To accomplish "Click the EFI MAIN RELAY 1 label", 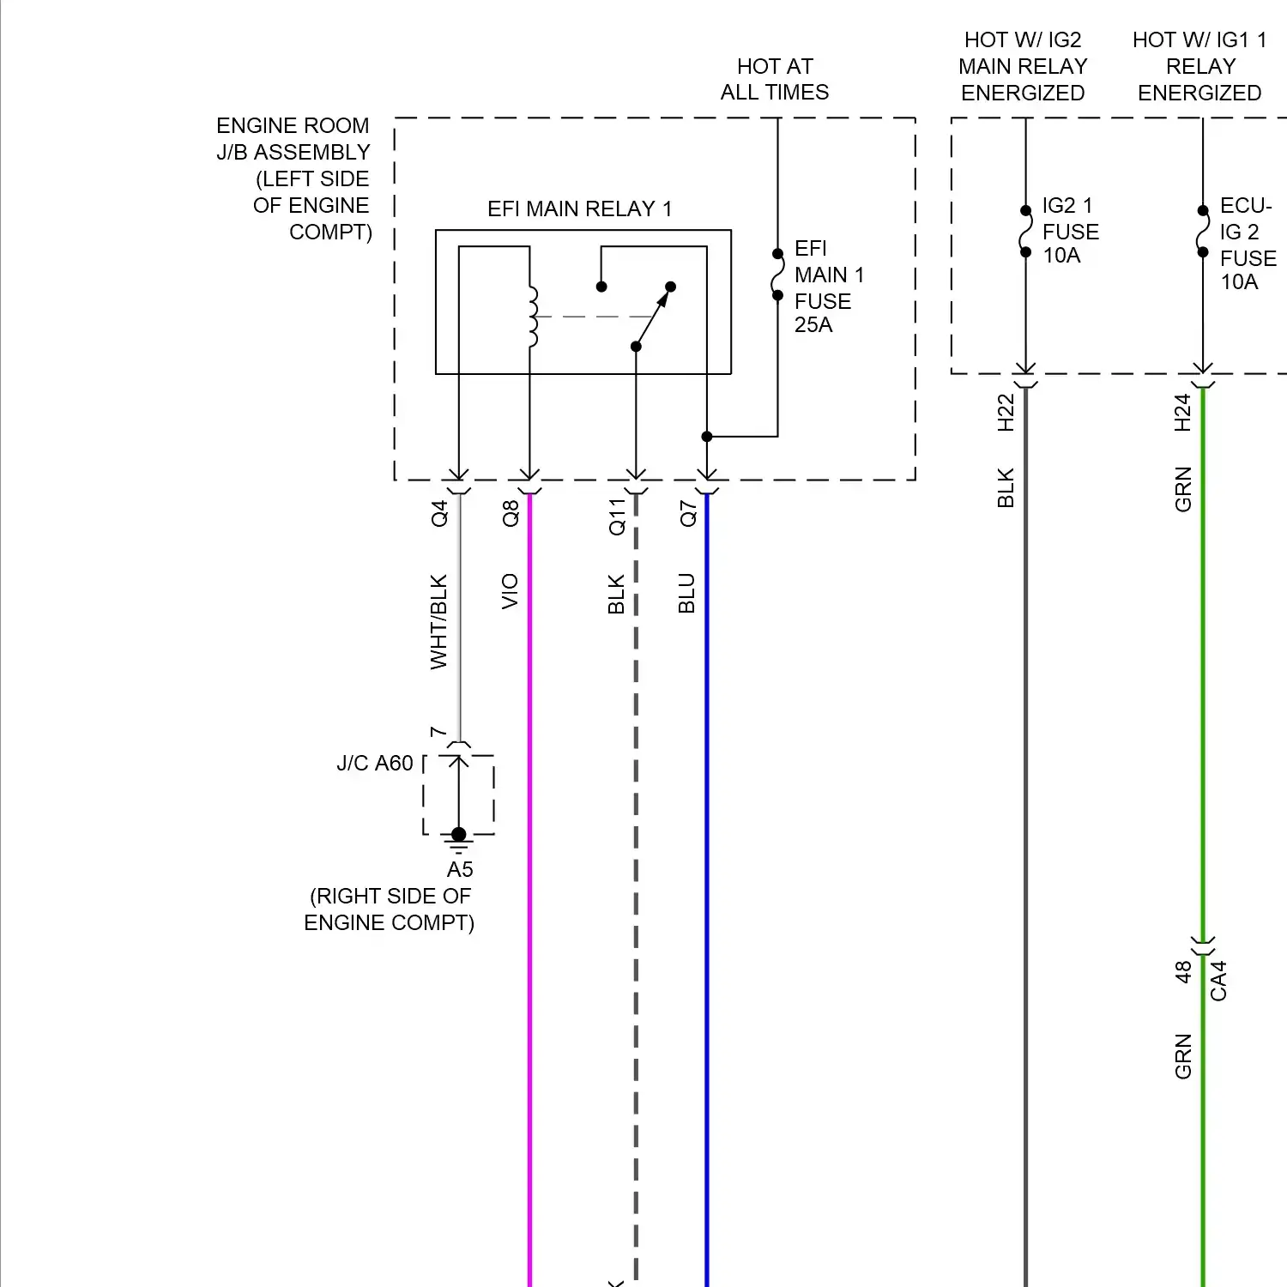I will click(579, 209).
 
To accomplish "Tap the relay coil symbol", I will click(533, 317).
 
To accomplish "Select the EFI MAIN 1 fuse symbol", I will click(777, 275).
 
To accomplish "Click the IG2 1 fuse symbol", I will click(1025, 231).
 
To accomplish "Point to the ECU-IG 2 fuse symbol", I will click(1203, 231).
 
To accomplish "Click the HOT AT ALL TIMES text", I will click(774, 79).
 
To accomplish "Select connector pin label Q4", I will click(439, 513).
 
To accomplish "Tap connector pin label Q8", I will click(511, 513).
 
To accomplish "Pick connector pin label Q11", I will click(617, 517).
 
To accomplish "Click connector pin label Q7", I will click(688, 513).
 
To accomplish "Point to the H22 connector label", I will click(1006, 412).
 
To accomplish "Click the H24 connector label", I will click(1182, 412).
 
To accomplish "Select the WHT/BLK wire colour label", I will click(438, 622).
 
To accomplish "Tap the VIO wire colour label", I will click(510, 592).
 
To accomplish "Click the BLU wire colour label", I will click(686, 593).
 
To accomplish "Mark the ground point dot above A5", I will click(459, 834).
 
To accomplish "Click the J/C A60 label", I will click(375, 763).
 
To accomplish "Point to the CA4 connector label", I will click(1218, 981).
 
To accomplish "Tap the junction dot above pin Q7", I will click(707, 437).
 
